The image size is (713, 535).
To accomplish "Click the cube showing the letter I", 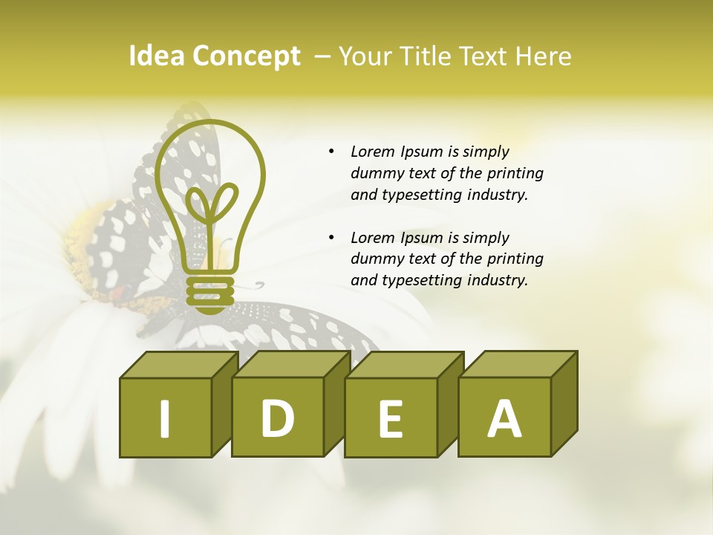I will click(x=166, y=418).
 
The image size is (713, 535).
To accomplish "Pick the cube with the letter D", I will click(x=278, y=417).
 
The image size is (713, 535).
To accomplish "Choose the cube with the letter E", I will click(x=391, y=418).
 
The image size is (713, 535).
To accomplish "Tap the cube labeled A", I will click(x=504, y=417).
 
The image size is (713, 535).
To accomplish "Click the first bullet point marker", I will click(x=331, y=152).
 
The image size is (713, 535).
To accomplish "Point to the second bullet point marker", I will click(x=331, y=239).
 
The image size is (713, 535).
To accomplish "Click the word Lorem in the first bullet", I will click(x=373, y=152).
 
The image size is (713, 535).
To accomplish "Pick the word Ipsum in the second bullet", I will click(x=422, y=238).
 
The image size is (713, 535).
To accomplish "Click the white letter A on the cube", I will click(x=504, y=419).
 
